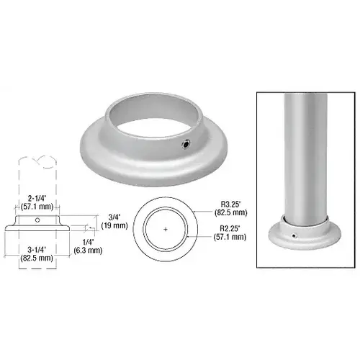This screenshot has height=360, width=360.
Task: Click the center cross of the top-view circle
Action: (x=166, y=229)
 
